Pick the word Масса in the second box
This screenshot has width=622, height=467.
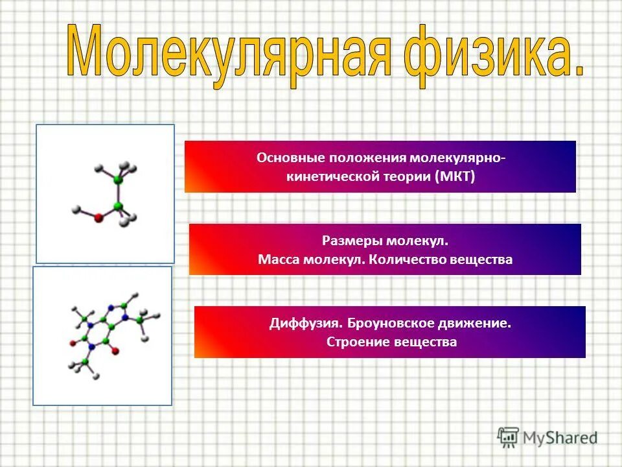277,259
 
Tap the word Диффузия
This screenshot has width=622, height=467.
306,323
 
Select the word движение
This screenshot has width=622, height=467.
478,323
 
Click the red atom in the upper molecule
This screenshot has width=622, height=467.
98,219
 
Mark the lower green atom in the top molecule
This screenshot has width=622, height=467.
118,206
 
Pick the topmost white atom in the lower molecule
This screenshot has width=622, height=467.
134,294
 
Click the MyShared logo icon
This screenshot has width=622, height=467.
507,438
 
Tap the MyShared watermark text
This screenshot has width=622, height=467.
560,438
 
